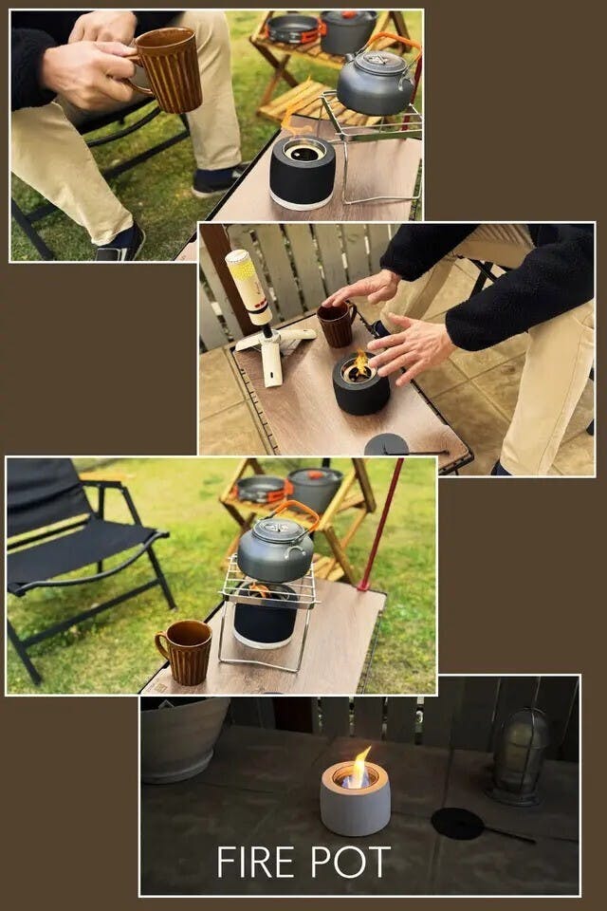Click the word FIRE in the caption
(x=259, y=862)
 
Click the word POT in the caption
(x=351, y=862)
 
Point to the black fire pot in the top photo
(x=302, y=172)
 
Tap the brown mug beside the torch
(x=337, y=325)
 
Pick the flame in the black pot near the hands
(x=361, y=363)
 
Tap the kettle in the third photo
(x=275, y=548)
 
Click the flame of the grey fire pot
(x=359, y=767)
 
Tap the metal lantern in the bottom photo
(x=519, y=755)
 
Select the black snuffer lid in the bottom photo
(x=458, y=824)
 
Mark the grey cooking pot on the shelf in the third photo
(x=315, y=490)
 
